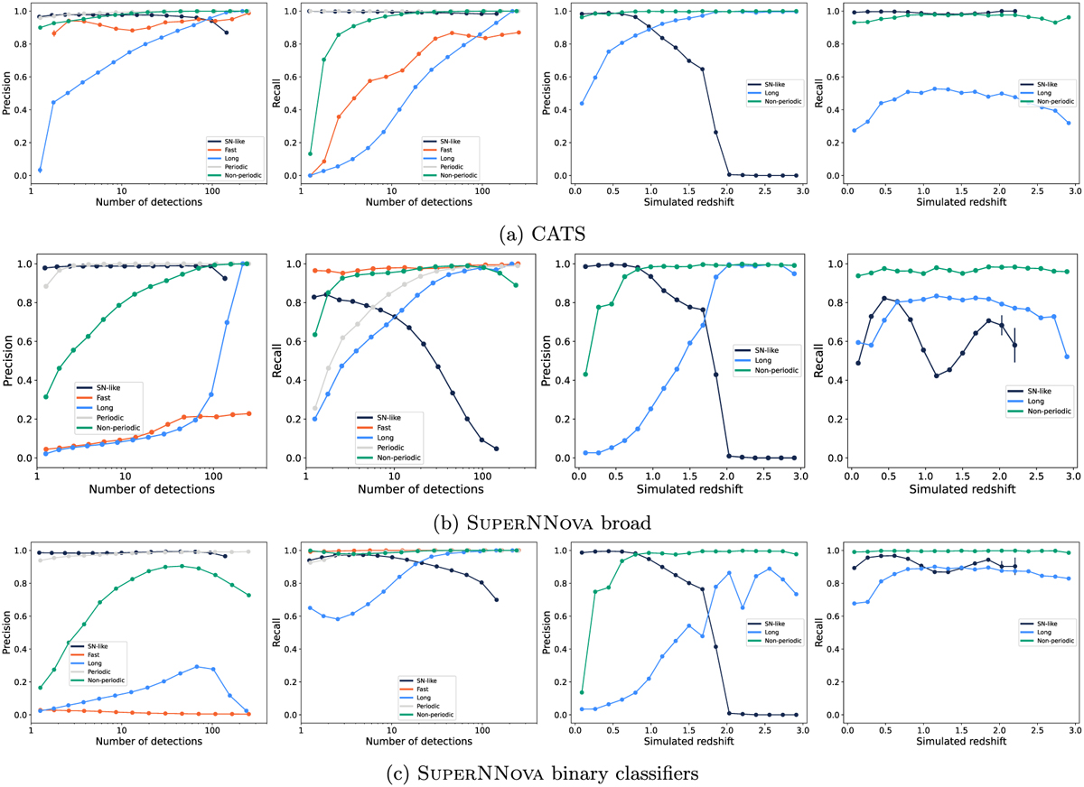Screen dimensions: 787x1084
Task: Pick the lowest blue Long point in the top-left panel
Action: (40, 170)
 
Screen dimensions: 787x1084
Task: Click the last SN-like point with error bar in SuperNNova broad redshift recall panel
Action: (1014, 345)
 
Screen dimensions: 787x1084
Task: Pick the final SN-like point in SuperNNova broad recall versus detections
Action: (496, 449)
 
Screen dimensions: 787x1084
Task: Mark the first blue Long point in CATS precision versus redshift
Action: (581, 103)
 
